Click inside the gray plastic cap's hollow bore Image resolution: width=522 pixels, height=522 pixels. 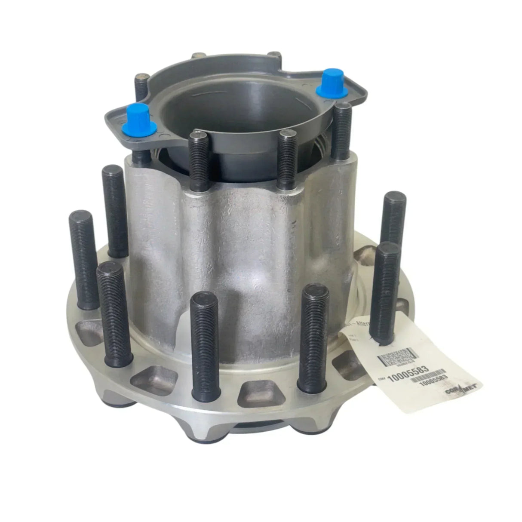[x=241, y=107]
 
